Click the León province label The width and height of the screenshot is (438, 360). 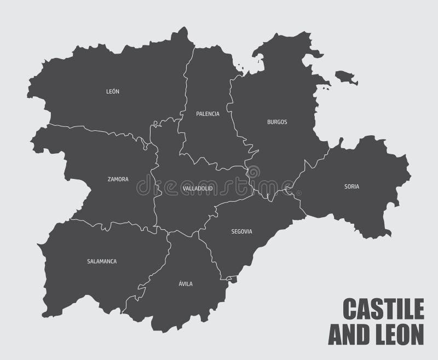click(x=113, y=91)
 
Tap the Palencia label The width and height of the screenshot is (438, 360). click(x=208, y=114)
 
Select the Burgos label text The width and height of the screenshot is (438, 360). click(x=277, y=122)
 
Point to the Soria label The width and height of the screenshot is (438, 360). click(x=351, y=187)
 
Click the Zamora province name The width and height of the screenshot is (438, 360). click(x=118, y=179)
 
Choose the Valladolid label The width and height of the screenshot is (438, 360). click(x=197, y=188)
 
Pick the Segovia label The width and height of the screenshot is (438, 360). click(x=241, y=231)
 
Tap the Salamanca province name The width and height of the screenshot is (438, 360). click(x=102, y=262)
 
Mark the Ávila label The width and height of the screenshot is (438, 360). click(x=185, y=284)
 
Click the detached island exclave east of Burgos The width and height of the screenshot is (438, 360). click(x=346, y=78)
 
